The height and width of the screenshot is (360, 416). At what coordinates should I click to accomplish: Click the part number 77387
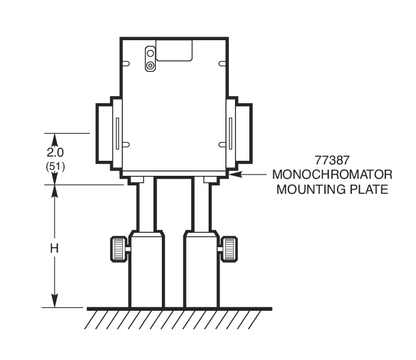point(332,161)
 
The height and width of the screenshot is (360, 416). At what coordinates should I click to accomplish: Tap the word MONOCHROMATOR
point(332,175)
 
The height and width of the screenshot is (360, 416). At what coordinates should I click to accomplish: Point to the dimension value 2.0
point(56,152)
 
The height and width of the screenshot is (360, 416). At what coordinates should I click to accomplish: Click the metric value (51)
point(56,166)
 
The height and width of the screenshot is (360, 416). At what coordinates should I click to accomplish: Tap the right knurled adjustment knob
point(230,249)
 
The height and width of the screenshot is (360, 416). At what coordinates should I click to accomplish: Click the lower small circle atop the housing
point(150,64)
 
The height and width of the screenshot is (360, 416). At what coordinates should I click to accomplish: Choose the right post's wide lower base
point(201,270)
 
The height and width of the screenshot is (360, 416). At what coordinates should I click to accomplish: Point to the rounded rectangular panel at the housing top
point(174,50)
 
